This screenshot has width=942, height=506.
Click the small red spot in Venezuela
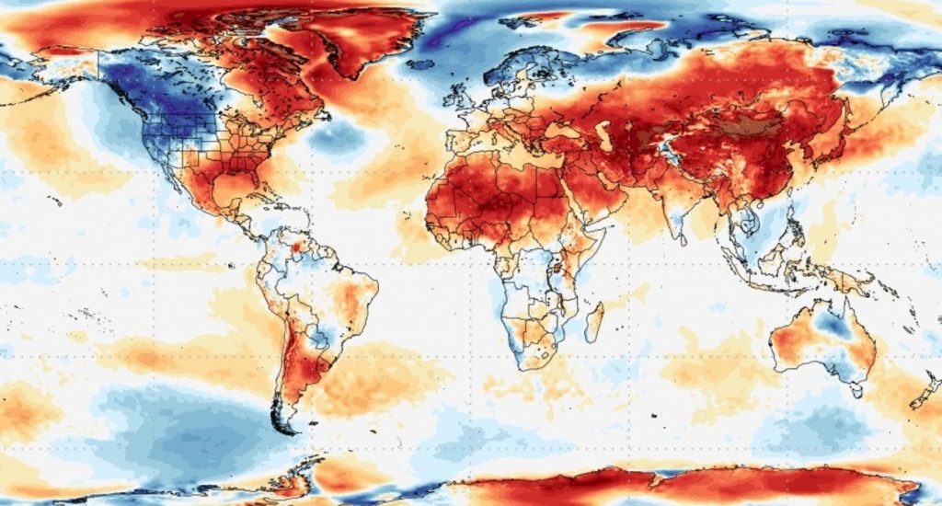pos(296,247)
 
